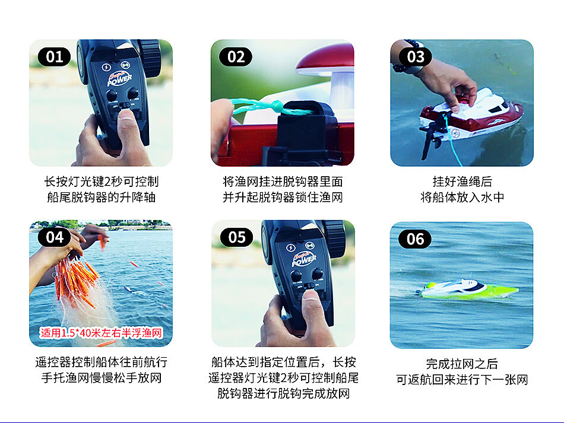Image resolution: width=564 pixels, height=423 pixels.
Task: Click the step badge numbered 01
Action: click(x=54, y=57)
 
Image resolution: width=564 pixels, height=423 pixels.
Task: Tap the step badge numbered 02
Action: click(x=236, y=57)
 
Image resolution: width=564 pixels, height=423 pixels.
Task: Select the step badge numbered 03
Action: click(x=415, y=57)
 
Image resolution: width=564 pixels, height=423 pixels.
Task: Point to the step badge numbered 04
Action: click(x=54, y=237)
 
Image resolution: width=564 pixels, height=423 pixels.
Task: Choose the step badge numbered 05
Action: click(x=236, y=237)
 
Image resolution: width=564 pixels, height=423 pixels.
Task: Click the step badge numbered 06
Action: click(x=415, y=239)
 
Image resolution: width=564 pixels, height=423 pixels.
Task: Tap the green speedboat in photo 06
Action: click(x=468, y=290)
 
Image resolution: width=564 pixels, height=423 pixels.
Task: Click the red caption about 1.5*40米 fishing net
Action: click(x=101, y=333)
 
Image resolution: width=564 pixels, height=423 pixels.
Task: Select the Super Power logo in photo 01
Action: click(x=119, y=79)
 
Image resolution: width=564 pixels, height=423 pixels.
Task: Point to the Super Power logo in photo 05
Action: click(x=304, y=259)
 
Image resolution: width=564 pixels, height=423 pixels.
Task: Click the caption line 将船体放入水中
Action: click(x=462, y=198)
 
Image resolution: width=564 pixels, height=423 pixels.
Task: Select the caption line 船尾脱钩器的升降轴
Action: click(x=101, y=198)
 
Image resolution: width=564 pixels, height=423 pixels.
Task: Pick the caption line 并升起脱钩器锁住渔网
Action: click(x=283, y=198)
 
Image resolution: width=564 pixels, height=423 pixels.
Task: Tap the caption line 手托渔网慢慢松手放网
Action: click(x=102, y=378)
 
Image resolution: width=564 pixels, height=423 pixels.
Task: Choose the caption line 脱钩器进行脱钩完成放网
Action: click(x=283, y=393)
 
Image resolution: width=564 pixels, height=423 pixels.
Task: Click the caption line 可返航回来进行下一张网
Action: click(x=462, y=380)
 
